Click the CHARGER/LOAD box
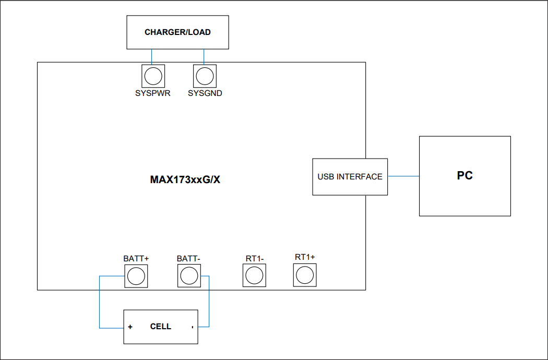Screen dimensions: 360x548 coord(177,32)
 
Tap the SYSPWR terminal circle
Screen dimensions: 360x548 coord(153,77)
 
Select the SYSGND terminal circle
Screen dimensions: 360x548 coord(204,77)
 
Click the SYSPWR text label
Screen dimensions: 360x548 coord(153,94)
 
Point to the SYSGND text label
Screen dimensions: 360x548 coord(205,94)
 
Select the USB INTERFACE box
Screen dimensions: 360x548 coord(350,177)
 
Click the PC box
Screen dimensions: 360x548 coord(464,176)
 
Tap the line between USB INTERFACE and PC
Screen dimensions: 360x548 coord(403,176)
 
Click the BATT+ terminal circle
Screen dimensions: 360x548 coord(136,275)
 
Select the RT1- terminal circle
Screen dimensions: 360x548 coord(254,275)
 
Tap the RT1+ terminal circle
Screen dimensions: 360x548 coord(304,274)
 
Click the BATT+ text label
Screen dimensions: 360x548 coord(136,259)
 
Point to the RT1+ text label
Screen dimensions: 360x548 coord(305,257)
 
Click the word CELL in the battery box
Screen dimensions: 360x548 coord(160,327)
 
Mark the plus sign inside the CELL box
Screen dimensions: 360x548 coord(129,327)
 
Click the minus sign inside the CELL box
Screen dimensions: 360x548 coord(192,327)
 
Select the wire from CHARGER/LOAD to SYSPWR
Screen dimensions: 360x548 coord(152,57)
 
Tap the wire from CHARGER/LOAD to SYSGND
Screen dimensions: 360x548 coord(204,57)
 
